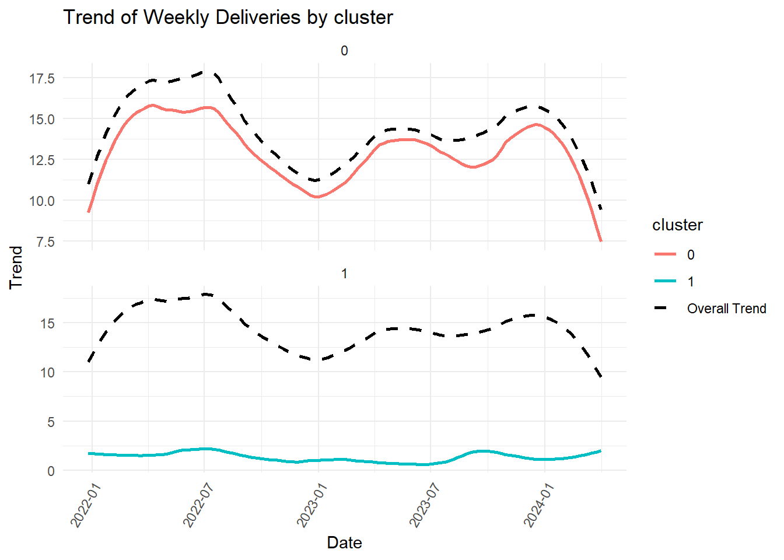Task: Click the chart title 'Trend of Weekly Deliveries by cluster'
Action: coord(228,17)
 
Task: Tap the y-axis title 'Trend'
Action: coord(16,267)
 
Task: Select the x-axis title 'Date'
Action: coord(344,542)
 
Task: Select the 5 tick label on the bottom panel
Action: coord(51,422)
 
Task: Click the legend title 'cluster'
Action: coord(677,225)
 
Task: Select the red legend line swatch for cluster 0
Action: coord(665,254)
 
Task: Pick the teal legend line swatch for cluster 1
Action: coord(665,281)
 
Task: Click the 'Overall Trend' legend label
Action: coord(726,309)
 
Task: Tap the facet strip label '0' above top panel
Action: coord(344,51)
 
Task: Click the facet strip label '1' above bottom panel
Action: coord(344,274)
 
